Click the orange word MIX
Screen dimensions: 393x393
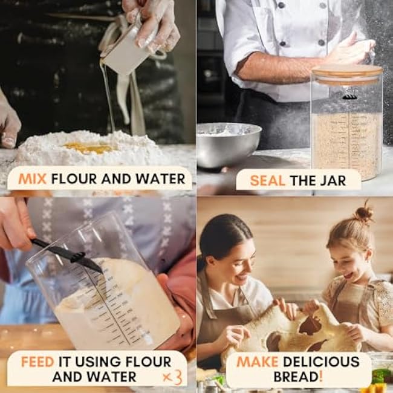(x=33, y=179)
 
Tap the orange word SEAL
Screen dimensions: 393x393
(x=267, y=181)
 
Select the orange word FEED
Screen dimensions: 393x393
(x=37, y=362)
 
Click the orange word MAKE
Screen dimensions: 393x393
(x=258, y=362)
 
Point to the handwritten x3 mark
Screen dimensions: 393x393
(x=172, y=377)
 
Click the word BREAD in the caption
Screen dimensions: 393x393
(x=296, y=377)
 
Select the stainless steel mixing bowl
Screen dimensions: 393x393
(x=229, y=145)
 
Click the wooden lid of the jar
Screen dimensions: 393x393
(x=347, y=74)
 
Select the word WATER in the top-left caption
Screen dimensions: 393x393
(x=160, y=179)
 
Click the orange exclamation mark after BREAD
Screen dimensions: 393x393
(x=321, y=377)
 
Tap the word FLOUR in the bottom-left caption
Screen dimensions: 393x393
(x=148, y=362)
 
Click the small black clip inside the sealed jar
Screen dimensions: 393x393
(x=349, y=96)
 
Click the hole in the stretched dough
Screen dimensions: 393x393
(x=310, y=326)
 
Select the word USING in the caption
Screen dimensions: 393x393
(x=98, y=362)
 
